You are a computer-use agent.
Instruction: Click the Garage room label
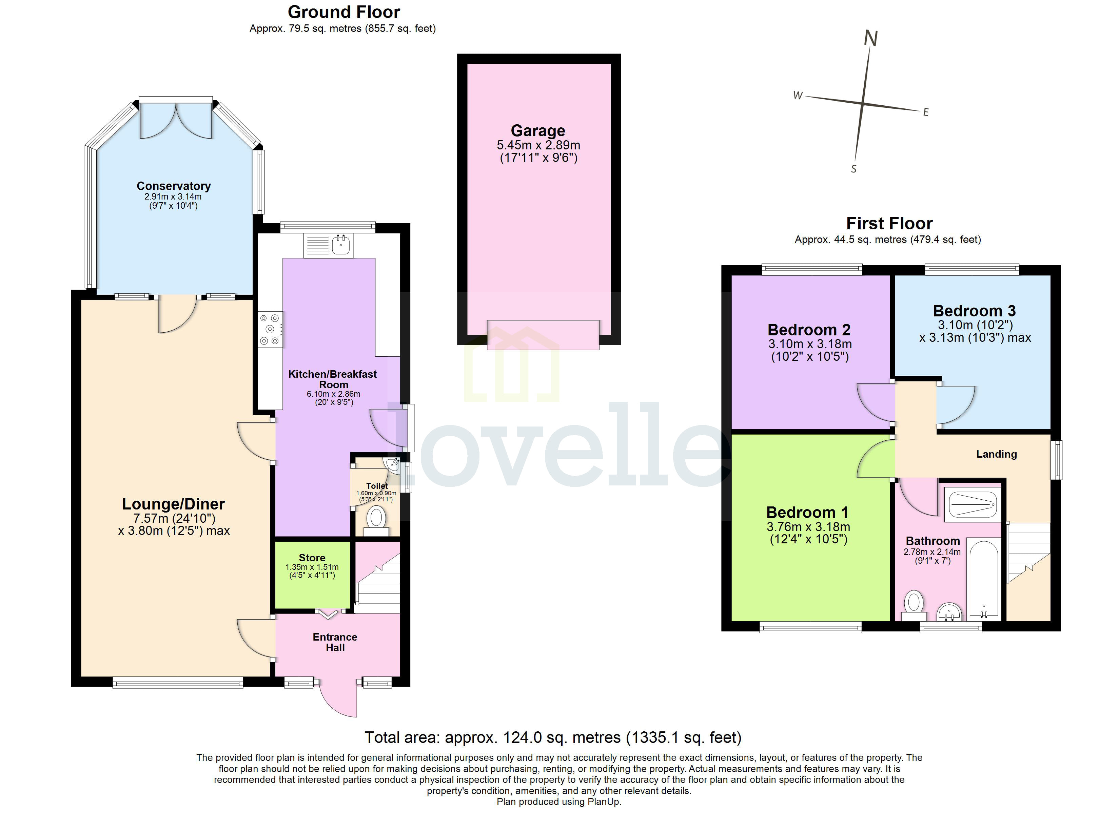538,131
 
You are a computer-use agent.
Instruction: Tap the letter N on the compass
871,39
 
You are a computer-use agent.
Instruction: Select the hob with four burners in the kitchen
270,329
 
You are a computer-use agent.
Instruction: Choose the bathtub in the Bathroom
983,579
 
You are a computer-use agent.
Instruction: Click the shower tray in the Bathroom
973,504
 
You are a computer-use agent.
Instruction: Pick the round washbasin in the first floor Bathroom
949,613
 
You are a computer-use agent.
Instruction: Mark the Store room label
312,558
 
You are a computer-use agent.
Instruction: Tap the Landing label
996,454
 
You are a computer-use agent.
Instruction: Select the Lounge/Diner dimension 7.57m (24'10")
174,518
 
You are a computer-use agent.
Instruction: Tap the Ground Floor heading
344,12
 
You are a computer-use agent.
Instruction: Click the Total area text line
553,737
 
